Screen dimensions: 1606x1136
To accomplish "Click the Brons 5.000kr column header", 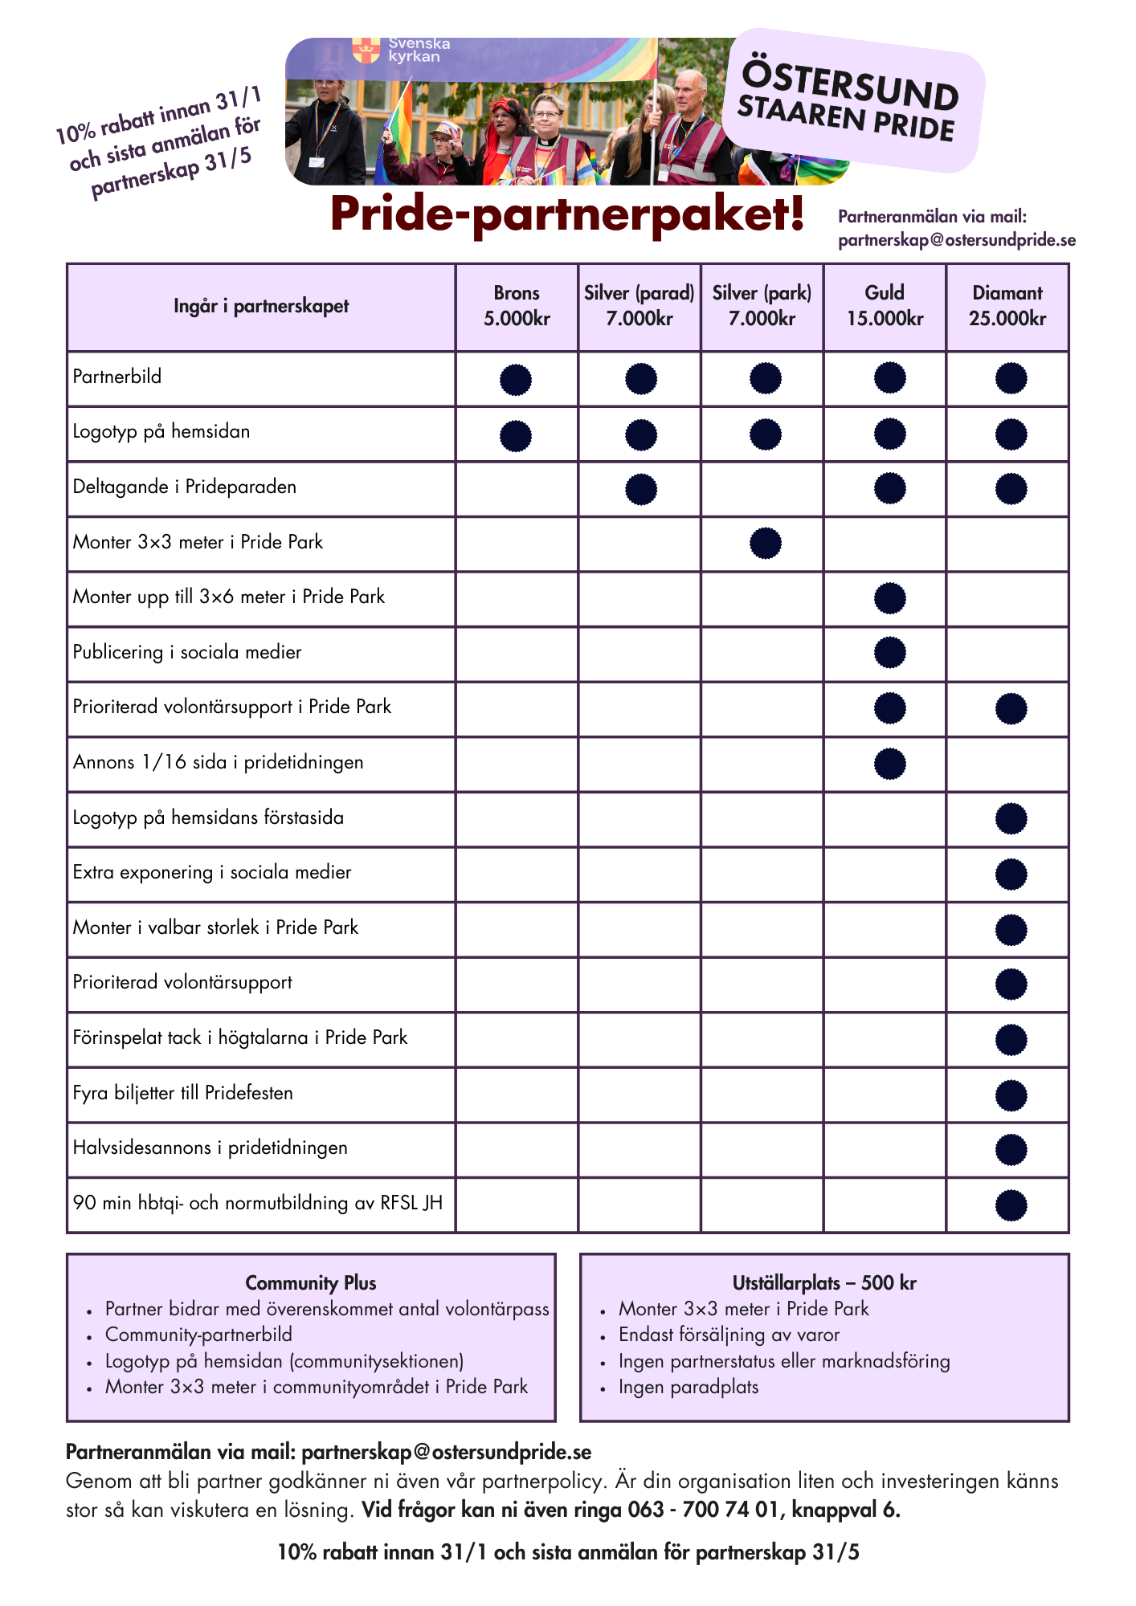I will (517, 306).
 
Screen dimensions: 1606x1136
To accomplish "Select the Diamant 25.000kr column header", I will (1007, 306).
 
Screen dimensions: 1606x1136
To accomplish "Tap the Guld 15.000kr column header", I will (885, 306).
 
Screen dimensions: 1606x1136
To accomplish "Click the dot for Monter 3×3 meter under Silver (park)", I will (765, 543).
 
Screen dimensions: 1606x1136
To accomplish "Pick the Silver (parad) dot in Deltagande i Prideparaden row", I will (640, 489).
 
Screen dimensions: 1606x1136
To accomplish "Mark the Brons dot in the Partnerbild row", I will (516, 379).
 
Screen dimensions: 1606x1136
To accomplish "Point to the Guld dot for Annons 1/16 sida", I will (889, 764).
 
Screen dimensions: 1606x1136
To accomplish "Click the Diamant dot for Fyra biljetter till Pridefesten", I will (1011, 1095).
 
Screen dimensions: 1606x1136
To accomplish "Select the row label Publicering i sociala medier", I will (187, 652).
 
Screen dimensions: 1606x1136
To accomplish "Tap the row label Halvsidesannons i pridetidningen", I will (210, 1147).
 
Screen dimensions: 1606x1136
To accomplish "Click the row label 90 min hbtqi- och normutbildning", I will (257, 1203).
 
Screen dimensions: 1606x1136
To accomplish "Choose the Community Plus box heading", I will (311, 1282).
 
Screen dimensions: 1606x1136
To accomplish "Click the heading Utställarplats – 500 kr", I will (824, 1282).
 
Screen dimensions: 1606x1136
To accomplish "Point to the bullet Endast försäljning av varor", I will (729, 1335).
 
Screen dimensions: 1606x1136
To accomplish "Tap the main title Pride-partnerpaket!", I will (567, 214).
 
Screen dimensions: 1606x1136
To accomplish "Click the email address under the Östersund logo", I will (956, 240).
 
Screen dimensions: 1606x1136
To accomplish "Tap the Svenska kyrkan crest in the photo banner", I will (366, 50).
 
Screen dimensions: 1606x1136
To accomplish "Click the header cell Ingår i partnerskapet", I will (261, 306).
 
